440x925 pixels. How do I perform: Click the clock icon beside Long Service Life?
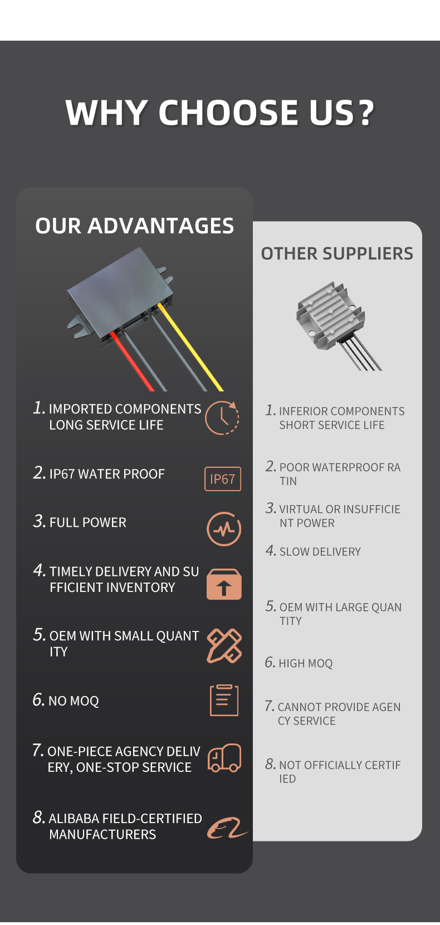[222, 417]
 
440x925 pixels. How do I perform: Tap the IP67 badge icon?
[223, 479]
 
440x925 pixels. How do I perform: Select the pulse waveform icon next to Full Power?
[224, 528]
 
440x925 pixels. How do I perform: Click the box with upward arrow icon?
[224, 584]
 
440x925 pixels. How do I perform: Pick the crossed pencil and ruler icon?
[224, 645]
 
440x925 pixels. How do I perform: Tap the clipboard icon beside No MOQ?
[224, 700]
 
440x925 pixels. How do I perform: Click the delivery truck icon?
[224, 758]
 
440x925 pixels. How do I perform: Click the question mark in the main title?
[366, 112]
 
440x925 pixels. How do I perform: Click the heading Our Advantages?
[134, 226]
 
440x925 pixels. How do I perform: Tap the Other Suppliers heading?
[337, 253]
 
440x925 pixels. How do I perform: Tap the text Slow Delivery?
[320, 552]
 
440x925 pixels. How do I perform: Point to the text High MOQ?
[305, 663]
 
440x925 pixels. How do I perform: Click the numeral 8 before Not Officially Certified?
[270, 764]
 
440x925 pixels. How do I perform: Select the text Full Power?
[87, 522]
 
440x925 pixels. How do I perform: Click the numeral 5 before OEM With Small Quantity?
[38, 635]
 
